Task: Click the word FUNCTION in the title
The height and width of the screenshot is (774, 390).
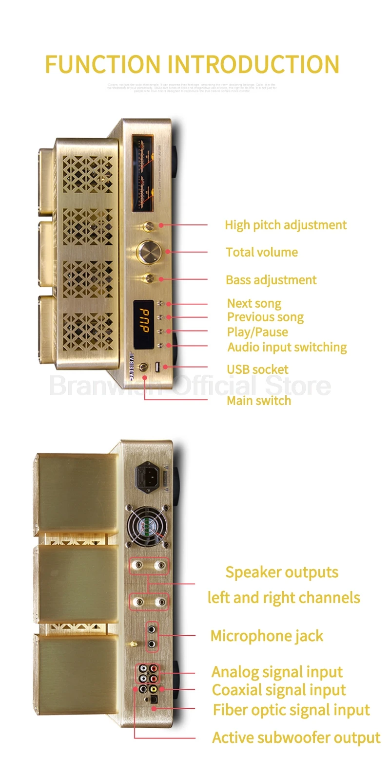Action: click(103, 65)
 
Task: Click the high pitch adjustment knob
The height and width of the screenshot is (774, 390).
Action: click(149, 226)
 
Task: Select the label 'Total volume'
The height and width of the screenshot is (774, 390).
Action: click(262, 252)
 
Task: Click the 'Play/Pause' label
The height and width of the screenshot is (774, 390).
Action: click(257, 332)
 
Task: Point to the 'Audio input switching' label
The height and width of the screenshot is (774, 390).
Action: click(287, 347)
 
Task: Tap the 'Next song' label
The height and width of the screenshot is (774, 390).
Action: click(254, 303)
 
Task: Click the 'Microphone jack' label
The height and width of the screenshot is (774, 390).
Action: click(267, 636)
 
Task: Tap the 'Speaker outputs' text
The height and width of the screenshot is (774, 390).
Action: click(282, 572)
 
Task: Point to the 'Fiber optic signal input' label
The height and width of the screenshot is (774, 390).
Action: click(291, 710)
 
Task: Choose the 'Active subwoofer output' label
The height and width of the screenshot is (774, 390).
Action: click(296, 737)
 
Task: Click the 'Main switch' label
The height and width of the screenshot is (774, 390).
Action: click(259, 401)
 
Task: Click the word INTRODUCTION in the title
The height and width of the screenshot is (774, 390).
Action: click(253, 65)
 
